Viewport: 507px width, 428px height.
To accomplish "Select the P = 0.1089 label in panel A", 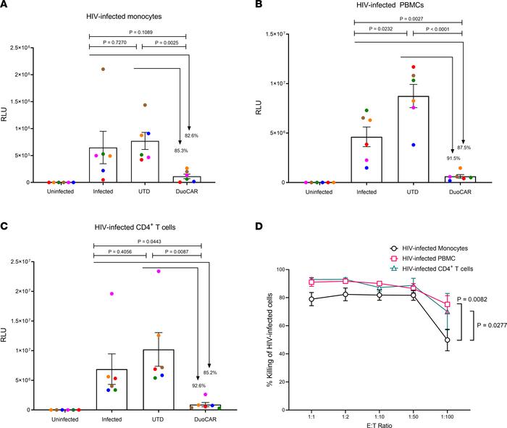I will (x=138, y=33).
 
